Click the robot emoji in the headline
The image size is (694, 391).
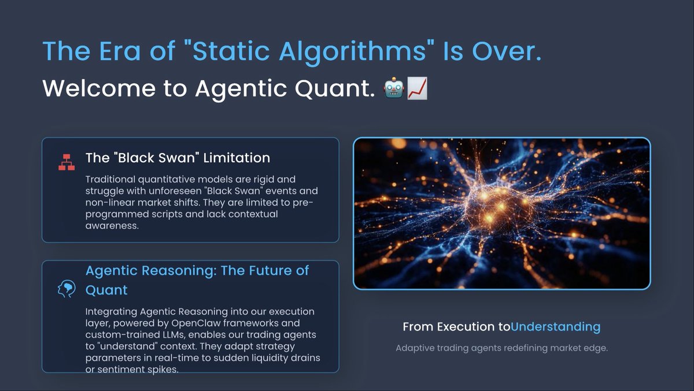click(x=393, y=89)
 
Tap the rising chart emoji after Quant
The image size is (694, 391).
click(x=417, y=89)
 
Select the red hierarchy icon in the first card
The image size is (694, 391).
click(x=67, y=162)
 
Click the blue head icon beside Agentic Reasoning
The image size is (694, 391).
click(x=67, y=289)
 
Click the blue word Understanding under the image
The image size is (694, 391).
click(x=556, y=327)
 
